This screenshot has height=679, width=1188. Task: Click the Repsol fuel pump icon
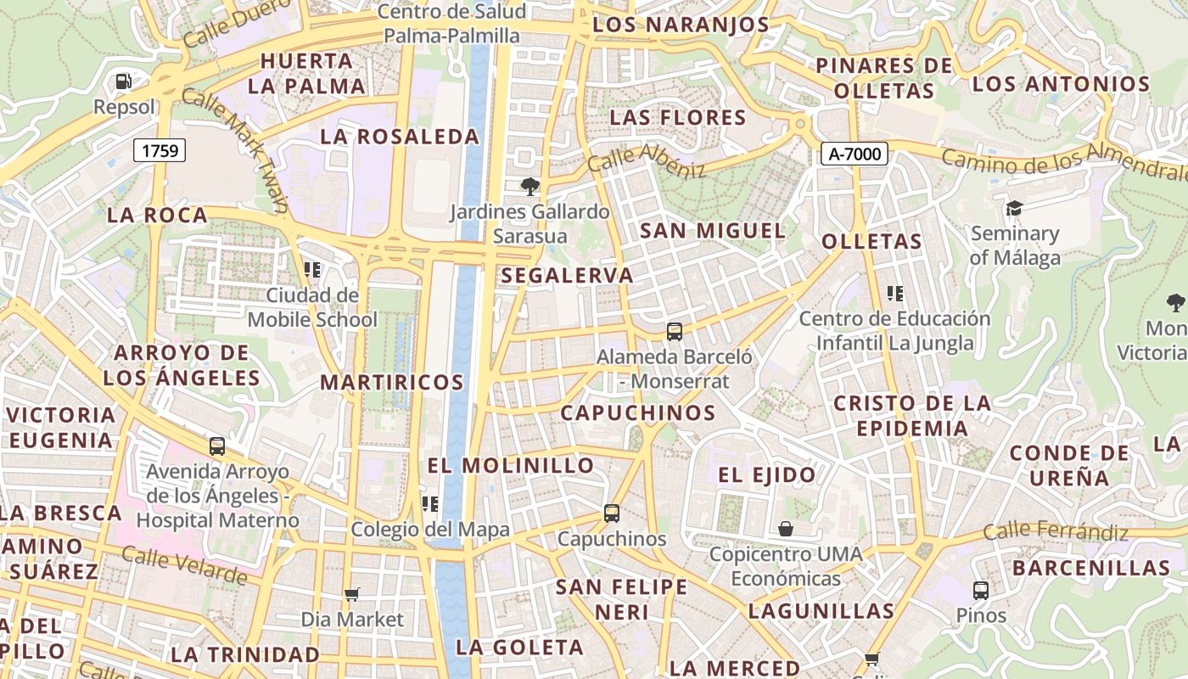(124, 81)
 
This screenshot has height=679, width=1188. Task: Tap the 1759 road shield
(160, 151)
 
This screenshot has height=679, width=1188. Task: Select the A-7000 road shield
(855, 154)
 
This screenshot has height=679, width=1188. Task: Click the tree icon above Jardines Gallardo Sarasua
(530, 186)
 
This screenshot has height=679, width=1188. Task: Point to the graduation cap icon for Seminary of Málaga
(1014, 208)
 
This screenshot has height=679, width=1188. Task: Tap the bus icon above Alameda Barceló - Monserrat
(675, 332)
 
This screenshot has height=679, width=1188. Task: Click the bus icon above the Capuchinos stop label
(612, 513)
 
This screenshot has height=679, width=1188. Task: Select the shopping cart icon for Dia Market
(352, 594)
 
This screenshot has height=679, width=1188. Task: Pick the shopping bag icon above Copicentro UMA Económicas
(786, 529)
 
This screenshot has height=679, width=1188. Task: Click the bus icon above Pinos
(981, 590)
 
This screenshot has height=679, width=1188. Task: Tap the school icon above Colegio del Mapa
(430, 504)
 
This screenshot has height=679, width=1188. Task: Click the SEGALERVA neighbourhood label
(568, 275)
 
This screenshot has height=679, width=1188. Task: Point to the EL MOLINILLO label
(511, 465)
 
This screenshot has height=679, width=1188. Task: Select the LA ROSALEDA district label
(400, 136)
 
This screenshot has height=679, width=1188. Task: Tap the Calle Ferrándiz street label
(1056, 532)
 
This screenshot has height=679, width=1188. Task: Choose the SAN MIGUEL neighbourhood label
(713, 230)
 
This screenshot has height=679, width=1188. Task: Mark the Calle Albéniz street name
(647, 159)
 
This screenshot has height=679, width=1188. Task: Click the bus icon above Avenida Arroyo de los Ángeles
(217, 446)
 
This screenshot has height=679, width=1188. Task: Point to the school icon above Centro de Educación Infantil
(894, 294)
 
